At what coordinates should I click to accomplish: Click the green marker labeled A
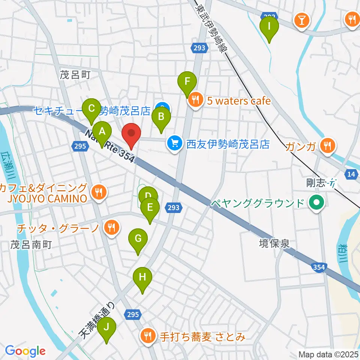[102, 132]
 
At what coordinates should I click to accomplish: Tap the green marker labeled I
[269, 27]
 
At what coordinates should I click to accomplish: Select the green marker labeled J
[107, 327]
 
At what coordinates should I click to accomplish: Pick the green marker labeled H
[142, 278]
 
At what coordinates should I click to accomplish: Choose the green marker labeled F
[187, 81]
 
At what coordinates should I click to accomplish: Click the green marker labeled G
[138, 238]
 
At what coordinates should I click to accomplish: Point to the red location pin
[131, 133]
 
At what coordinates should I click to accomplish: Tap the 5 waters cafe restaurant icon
[195, 100]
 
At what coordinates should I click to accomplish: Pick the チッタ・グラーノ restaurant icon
[111, 228]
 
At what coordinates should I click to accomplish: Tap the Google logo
[25, 351]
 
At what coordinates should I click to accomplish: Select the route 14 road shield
[351, 174]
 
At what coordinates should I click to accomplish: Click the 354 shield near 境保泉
[319, 267]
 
